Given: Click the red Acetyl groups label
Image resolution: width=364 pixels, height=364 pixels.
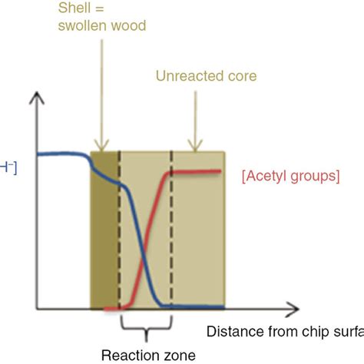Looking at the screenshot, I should (290, 176).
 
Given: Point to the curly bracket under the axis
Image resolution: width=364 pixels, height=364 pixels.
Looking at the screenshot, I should (145, 327).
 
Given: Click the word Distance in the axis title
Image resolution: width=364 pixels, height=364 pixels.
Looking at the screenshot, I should (231, 332).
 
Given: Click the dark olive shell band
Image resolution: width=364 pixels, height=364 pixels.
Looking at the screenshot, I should (104, 230).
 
